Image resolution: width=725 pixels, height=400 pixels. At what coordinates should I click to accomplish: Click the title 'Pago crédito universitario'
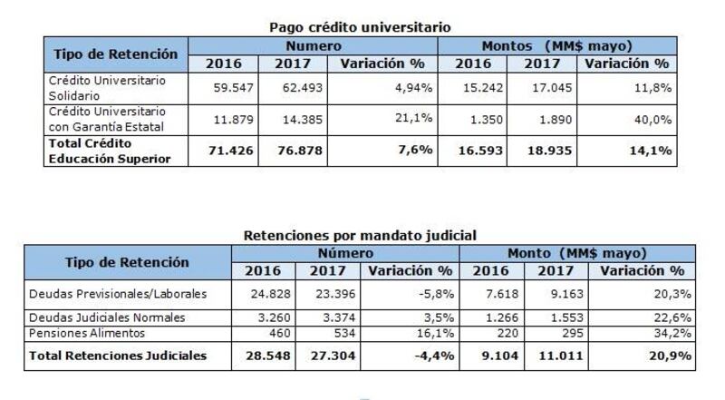pos(360,27)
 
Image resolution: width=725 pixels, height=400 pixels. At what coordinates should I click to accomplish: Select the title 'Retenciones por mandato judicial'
pos(360,235)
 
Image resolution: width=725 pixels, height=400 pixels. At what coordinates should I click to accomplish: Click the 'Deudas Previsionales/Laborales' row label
pos(118,294)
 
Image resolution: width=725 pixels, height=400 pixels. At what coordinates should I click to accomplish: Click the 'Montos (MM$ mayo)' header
pos(556,45)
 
